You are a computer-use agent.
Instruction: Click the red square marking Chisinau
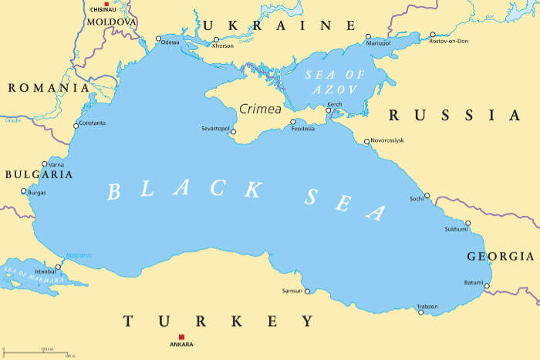106,4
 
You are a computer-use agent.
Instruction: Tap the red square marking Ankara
181,336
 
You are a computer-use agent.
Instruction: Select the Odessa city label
170,42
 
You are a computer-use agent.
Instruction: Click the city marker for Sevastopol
234,130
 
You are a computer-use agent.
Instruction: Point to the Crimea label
260,109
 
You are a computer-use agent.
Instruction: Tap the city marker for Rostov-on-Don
432,35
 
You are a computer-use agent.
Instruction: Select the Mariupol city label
379,43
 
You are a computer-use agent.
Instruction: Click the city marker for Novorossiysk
367,141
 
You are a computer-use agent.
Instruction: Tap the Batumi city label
474,282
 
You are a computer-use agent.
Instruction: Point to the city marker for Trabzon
421,312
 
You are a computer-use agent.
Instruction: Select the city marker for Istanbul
58,267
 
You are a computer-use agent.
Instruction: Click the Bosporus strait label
79,255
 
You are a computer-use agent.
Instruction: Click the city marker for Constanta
76,126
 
